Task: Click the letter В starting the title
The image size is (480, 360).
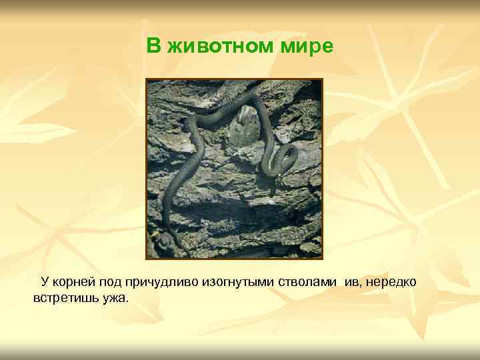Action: tap(153, 46)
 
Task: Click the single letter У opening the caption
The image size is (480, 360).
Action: tap(45, 282)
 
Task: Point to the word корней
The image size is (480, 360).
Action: tap(75, 282)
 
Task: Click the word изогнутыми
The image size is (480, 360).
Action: tap(229, 282)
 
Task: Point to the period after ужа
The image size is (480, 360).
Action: tap(126, 301)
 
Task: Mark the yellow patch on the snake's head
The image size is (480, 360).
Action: tap(154, 234)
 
